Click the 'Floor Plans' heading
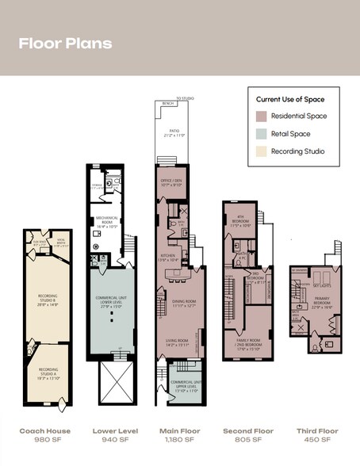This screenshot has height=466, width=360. [x=65, y=43]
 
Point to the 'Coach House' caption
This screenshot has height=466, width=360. [x=45, y=431]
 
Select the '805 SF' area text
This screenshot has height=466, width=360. [x=247, y=441]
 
